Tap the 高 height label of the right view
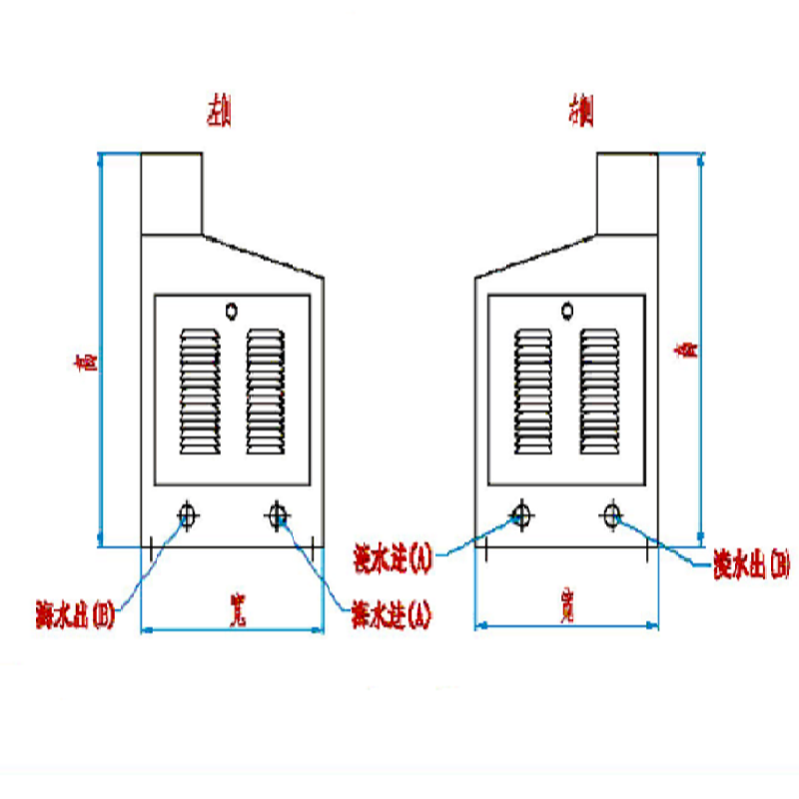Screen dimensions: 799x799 coord(685,350)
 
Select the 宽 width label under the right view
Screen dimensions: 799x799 coord(566,606)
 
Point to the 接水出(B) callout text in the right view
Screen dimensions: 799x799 coord(751,567)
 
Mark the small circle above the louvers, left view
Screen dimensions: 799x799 coord(232,311)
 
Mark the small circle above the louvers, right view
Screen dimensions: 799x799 coord(567,311)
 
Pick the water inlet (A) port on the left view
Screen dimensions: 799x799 coord(278,515)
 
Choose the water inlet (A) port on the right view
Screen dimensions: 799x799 coord(519,515)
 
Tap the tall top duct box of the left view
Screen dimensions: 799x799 coord(172,193)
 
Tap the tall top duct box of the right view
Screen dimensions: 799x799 coord(627,193)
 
